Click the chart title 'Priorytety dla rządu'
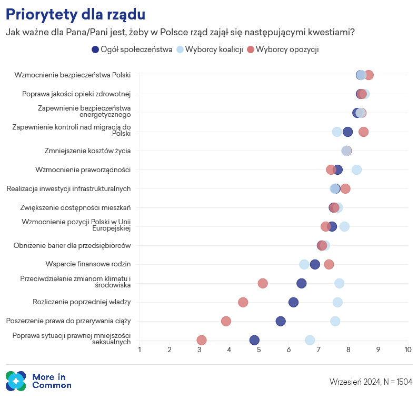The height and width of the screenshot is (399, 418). [75, 14]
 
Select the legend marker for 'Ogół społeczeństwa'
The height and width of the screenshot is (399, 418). [95, 49]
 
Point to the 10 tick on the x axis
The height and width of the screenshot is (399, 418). [407, 350]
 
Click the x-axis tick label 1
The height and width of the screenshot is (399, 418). [140, 350]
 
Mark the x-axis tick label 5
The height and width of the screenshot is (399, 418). [259, 350]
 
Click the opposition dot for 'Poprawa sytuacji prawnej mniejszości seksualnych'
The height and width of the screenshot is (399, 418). [202, 340]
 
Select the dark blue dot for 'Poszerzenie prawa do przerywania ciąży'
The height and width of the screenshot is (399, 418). [281, 321]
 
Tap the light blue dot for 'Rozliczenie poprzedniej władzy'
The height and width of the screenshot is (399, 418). [337, 302]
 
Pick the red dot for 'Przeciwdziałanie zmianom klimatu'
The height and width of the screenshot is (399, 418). [263, 283]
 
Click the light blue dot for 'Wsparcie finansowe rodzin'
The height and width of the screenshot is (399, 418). [304, 264]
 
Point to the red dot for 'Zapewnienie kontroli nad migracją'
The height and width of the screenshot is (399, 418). [363, 132]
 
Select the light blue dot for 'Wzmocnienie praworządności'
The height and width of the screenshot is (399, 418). [357, 169]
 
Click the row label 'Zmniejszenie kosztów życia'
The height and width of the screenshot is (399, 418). [87, 151]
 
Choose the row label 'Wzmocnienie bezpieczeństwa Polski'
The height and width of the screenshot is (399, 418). [73, 75]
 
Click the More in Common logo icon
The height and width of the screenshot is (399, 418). [16, 381]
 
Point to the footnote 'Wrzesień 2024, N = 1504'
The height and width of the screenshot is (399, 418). [371, 382]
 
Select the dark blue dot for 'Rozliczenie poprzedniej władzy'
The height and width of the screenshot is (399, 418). [293, 302]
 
